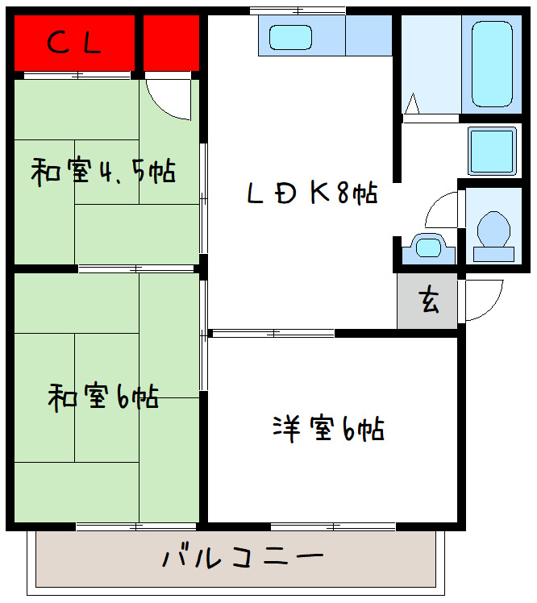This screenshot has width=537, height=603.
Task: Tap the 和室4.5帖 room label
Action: [102, 171]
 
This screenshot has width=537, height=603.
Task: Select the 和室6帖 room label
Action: [102, 397]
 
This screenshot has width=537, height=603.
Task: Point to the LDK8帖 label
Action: [310, 193]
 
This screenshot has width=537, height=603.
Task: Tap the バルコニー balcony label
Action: [243, 557]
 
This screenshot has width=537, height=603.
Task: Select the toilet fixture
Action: [493, 233]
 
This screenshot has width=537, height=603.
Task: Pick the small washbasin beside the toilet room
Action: [427, 246]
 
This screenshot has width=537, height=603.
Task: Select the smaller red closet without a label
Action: [171, 43]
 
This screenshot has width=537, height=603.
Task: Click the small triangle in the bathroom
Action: [412, 104]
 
